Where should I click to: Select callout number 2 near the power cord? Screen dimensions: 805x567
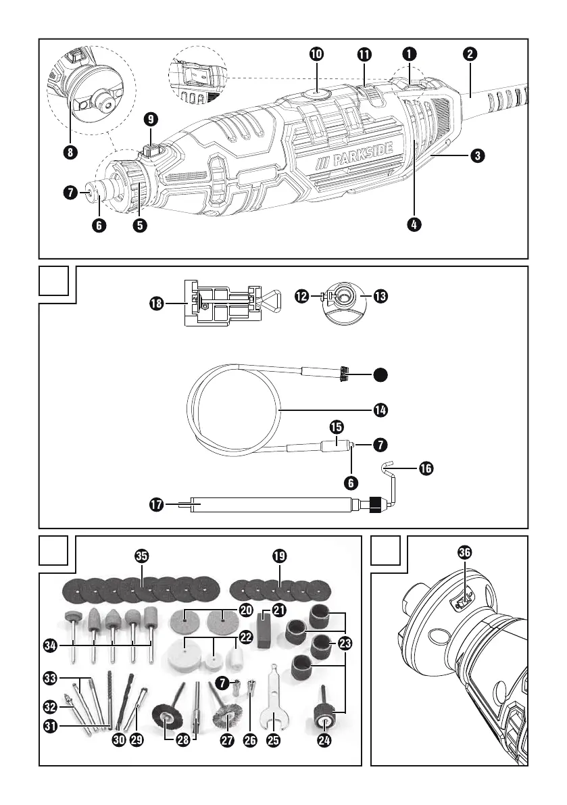[x=472, y=53]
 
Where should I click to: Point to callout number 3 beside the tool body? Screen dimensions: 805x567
[x=477, y=155]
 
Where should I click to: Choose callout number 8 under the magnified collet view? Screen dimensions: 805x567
[x=68, y=151]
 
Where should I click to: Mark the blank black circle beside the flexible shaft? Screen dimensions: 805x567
[x=381, y=373]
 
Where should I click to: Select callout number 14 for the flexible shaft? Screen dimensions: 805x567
[x=381, y=409]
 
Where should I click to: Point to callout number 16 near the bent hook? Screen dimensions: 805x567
[x=426, y=467]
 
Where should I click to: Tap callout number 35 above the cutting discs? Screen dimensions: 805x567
[x=142, y=556]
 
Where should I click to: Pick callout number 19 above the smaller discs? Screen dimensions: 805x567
[x=280, y=556]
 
